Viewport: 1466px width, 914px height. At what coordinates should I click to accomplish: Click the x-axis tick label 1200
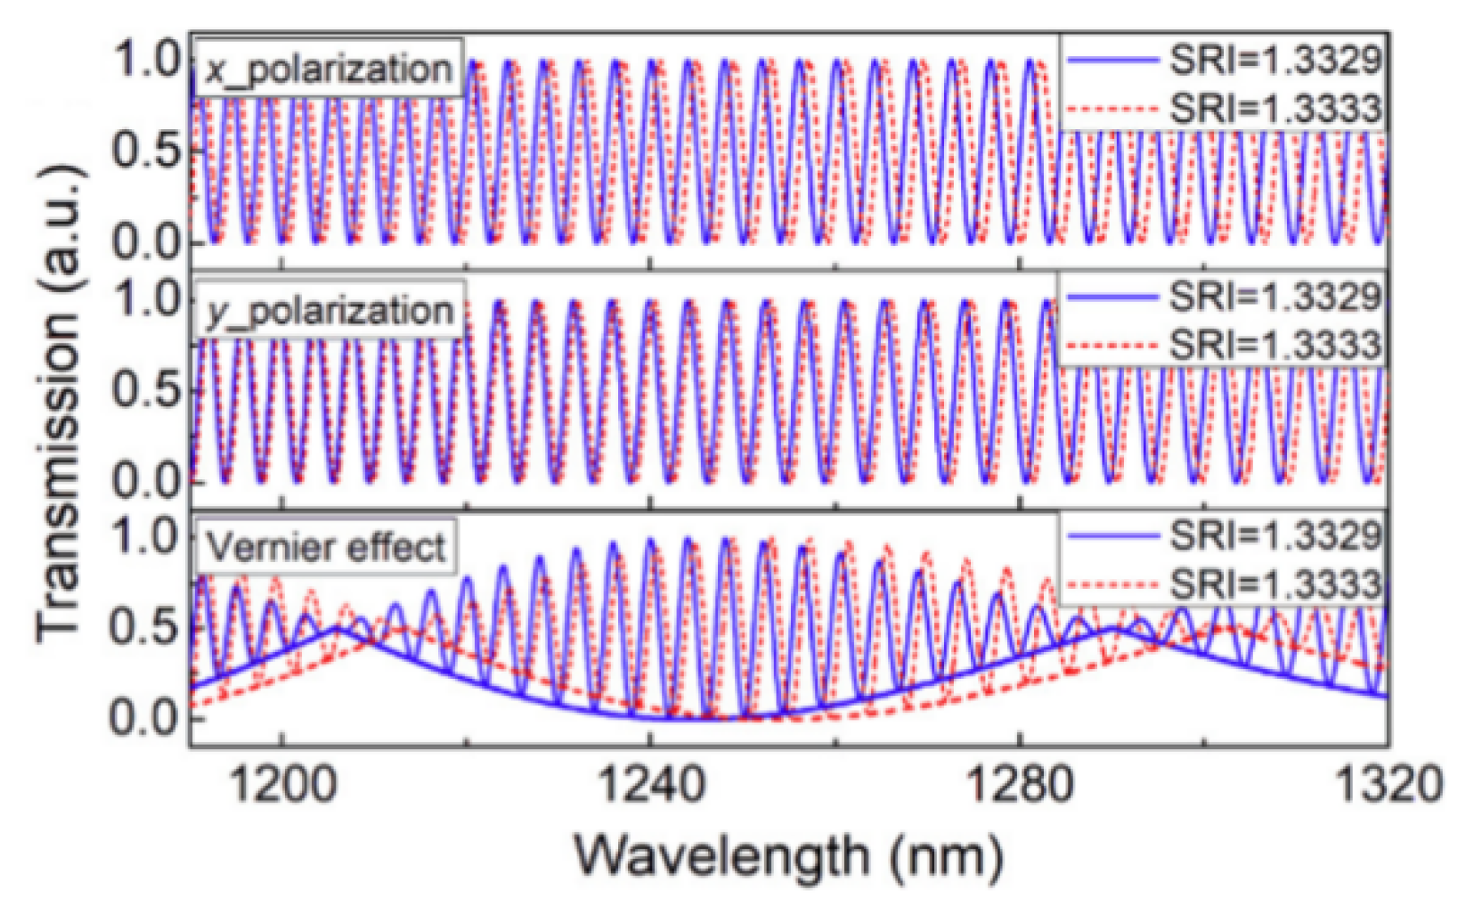pyautogui.click(x=281, y=786)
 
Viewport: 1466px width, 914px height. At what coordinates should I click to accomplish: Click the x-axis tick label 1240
pyautogui.click(x=650, y=786)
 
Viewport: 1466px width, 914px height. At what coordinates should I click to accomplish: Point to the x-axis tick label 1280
pyautogui.click(x=1018, y=786)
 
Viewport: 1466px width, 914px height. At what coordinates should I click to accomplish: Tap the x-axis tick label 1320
pyautogui.click(x=1386, y=786)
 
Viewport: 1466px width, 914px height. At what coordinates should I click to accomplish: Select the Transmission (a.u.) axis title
pyautogui.click(x=61, y=401)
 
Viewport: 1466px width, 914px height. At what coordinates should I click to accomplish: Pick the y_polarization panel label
pyautogui.click(x=330, y=312)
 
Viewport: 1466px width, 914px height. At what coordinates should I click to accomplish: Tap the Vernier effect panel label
pyautogui.click(x=326, y=547)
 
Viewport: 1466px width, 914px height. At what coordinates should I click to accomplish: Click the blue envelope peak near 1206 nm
pyautogui.click(x=337, y=628)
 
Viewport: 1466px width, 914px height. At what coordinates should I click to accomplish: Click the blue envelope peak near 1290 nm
pyautogui.click(x=1113, y=629)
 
